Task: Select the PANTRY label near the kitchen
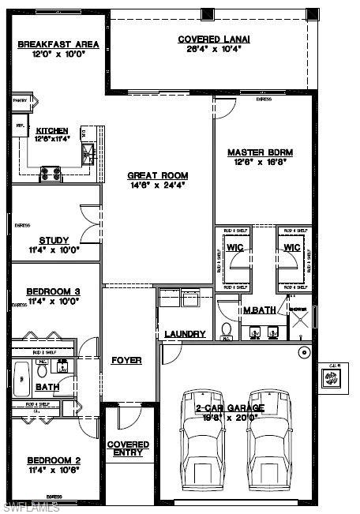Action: click(x=20, y=101)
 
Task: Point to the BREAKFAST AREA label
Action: click(x=58, y=44)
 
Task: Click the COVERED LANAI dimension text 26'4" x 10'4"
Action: click(x=208, y=49)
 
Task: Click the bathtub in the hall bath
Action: click(x=22, y=371)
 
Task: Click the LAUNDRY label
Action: click(x=186, y=334)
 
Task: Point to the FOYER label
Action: click(x=126, y=360)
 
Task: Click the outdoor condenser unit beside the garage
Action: click(x=331, y=378)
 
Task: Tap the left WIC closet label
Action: click(x=236, y=248)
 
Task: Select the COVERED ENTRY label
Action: click(x=127, y=448)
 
